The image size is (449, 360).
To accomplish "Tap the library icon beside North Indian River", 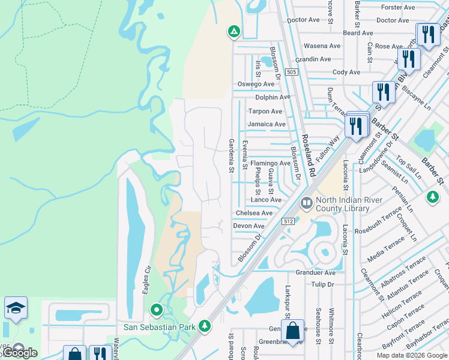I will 307,204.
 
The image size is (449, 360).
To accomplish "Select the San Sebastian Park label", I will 160,327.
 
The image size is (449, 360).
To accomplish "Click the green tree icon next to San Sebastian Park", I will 205,326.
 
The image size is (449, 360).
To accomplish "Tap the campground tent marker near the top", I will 234,31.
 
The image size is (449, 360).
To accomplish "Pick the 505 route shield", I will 291,72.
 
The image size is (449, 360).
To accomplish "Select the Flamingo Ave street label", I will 270,163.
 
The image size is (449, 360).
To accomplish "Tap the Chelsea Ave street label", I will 254,213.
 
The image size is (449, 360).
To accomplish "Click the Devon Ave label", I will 249,226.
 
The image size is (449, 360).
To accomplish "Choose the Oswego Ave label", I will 256,85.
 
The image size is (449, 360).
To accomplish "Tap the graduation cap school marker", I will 16,308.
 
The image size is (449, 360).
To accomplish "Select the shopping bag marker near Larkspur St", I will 292,331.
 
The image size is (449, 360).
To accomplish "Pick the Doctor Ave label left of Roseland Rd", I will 303,20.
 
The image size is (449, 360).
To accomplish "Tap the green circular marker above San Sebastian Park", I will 157,310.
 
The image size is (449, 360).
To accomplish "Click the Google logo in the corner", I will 20,353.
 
